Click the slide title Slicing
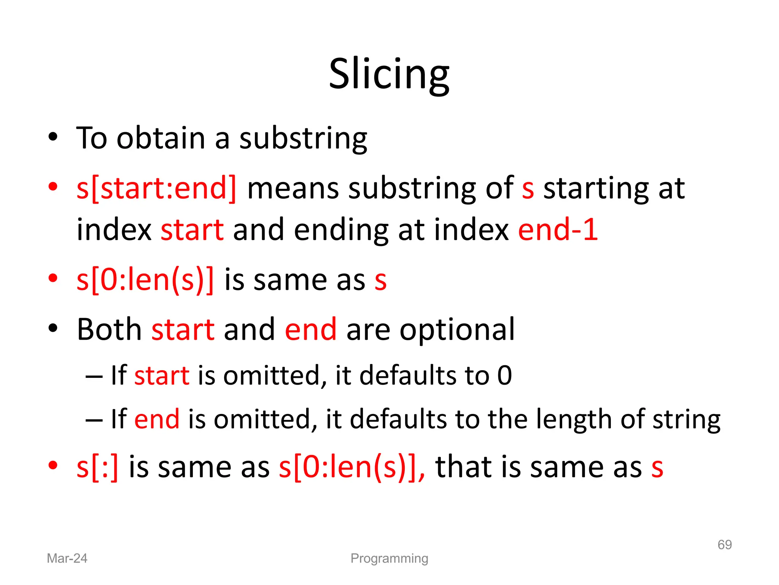pos(389,74)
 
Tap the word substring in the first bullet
pos(303,139)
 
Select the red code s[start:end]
pos(156,188)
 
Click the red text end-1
pos(558,230)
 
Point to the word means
pos(293,188)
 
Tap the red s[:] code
pos(97,467)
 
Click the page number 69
pos(725,545)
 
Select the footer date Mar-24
pos(67,558)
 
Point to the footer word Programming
pos(389,558)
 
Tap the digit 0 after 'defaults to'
pos(504,376)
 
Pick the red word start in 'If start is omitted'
pos(162,376)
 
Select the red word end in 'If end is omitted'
pos(157,419)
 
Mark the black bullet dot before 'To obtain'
pos(53,137)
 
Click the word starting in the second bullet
pos(596,189)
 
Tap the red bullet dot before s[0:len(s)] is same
pos(53,278)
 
